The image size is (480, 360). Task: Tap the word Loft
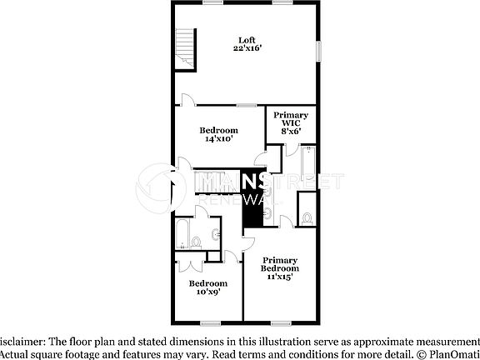click(x=247, y=40)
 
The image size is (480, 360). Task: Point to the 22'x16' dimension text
click(x=247, y=49)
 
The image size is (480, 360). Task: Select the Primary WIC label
click(x=291, y=120)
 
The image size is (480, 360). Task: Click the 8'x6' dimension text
click(x=291, y=130)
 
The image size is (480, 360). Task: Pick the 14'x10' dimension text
click(x=218, y=139)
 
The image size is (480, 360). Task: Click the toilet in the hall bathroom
click(x=197, y=242)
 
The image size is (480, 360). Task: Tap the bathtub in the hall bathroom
click(x=182, y=234)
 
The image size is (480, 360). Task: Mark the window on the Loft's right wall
click(x=317, y=50)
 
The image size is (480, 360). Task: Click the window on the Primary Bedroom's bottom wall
click(x=281, y=322)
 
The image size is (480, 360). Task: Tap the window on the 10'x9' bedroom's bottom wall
click(x=210, y=322)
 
